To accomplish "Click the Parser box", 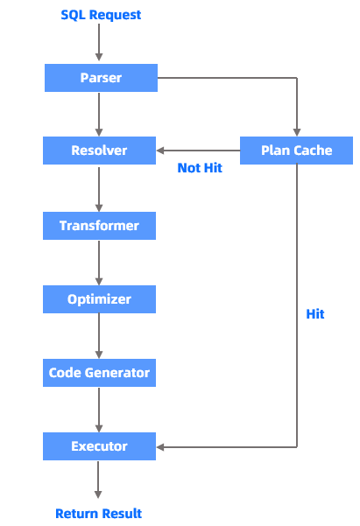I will [x=100, y=78].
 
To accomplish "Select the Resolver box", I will [x=100, y=151].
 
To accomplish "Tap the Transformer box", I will [x=100, y=226].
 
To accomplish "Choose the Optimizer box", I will [x=100, y=299].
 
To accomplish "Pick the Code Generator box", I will [x=100, y=373].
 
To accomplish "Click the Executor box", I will [x=100, y=446].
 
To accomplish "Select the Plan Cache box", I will [x=297, y=151].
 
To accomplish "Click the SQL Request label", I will [x=101, y=15].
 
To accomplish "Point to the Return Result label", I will [x=99, y=514].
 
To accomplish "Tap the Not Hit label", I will [x=200, y=168].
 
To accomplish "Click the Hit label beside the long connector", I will [x=315, y=313].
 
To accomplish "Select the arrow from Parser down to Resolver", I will [x=99, y=114].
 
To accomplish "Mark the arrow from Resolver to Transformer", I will [x=99, y=187].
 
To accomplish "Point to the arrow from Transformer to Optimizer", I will [x=99, y=262].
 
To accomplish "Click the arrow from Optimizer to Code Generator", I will [x=99, y=335].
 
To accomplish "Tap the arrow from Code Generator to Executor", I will [x=99, y=409].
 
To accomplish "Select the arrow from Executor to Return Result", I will [x=99, y=480].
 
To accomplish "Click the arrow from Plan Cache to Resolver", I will [x=198, y=151].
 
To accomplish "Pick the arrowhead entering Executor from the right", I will [x=162, y=446].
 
